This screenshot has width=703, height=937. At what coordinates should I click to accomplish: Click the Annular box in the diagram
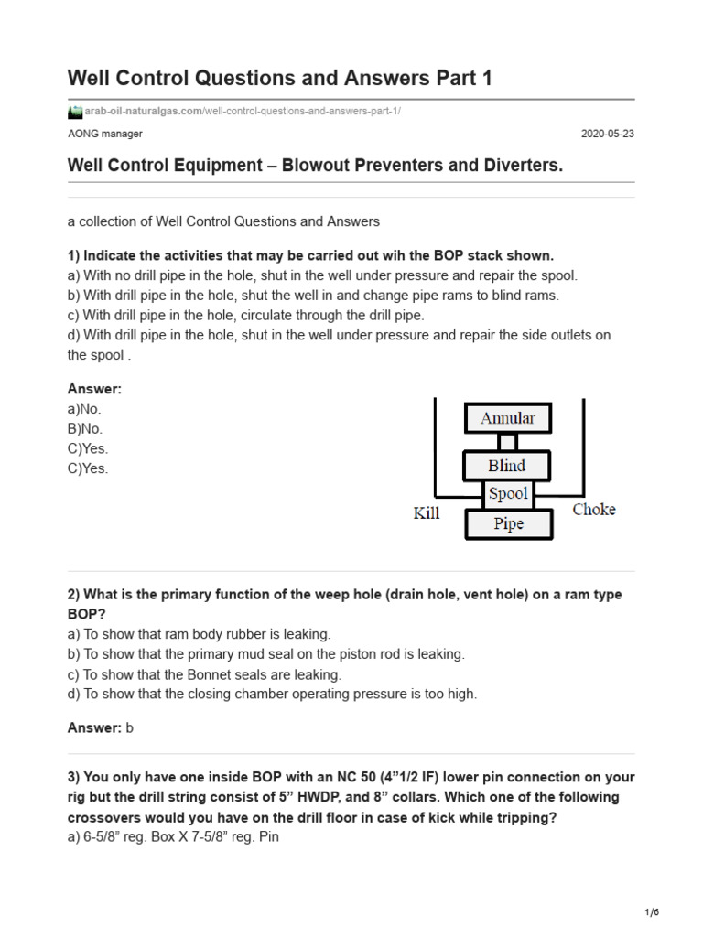point(507,419)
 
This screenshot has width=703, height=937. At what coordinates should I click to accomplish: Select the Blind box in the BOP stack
point(507,466)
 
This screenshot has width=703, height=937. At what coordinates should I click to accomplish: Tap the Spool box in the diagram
point(508,494)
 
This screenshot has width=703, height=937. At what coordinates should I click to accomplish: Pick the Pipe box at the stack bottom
point(508,524)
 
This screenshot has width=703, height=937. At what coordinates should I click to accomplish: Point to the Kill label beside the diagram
point(427,513)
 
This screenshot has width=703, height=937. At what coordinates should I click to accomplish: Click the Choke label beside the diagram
point(594,510)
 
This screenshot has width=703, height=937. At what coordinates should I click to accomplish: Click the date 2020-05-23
point(608,134)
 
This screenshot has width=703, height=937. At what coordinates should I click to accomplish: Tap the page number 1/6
point(651,912)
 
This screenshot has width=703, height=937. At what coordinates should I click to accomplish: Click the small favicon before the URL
point(75,112)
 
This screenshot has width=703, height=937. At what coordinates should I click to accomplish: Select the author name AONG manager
point(105,134)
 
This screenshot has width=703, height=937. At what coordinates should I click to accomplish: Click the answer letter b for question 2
point(130,727)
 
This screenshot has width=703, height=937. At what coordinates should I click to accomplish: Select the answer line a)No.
point(84,408)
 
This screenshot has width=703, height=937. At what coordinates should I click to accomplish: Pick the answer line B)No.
point(85,428)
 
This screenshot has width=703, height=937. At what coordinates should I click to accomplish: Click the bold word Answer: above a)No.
point(94,388)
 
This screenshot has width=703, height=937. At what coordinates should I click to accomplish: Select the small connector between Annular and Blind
point(507,442)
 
